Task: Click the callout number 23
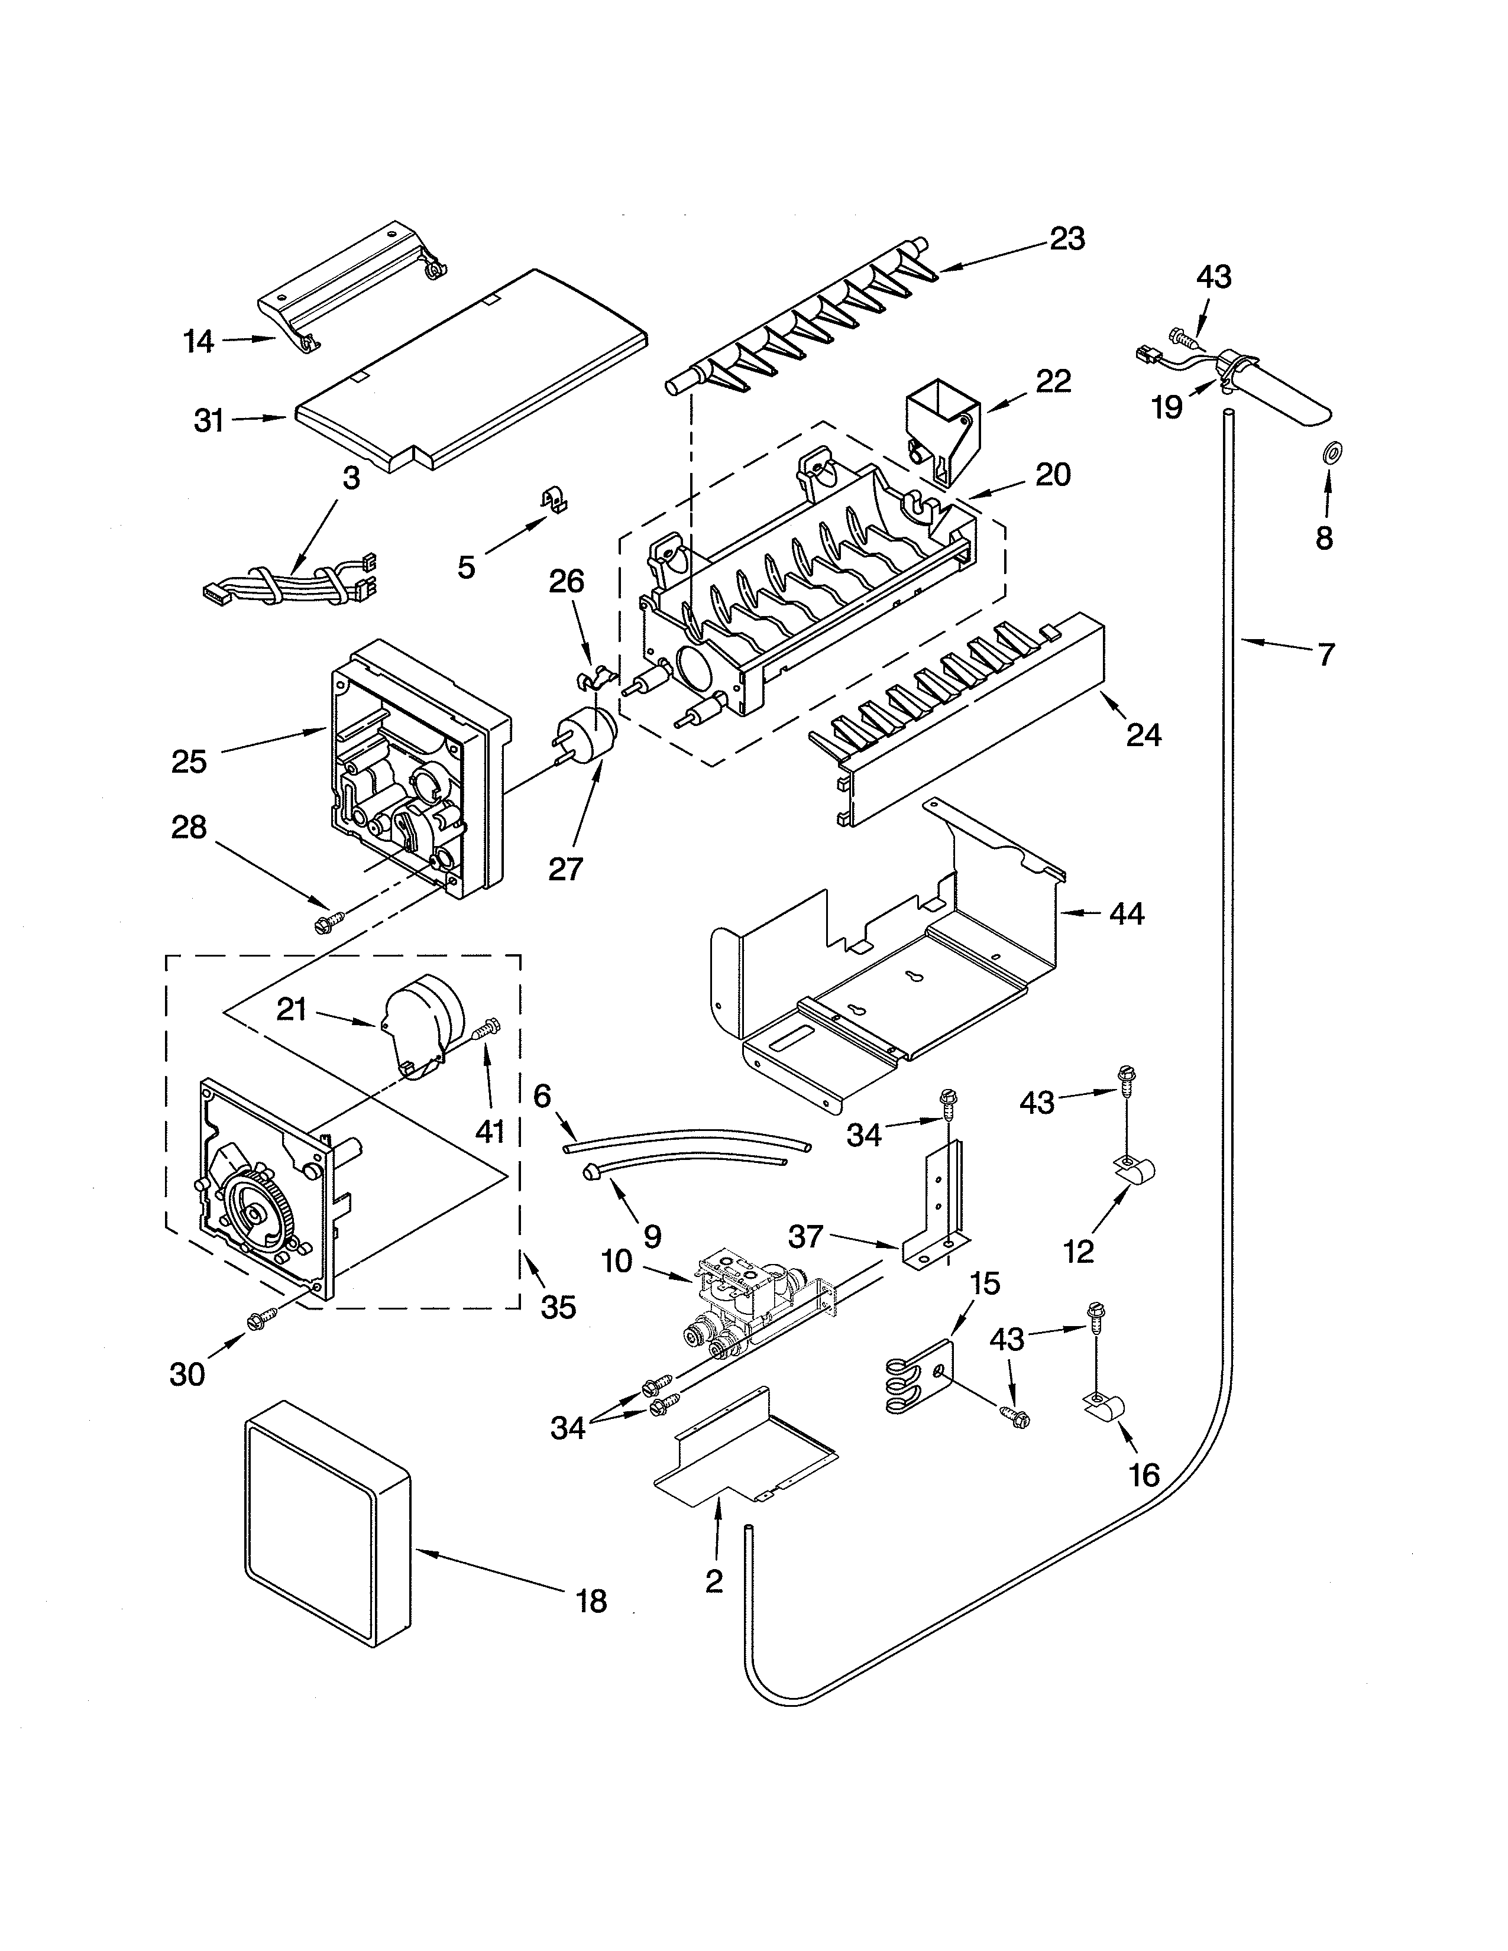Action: (x=1067, y=239)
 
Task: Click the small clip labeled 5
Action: (x=556, y=502)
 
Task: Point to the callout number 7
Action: (x=1326, y=655)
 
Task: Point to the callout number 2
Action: (x=713, y=1581)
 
